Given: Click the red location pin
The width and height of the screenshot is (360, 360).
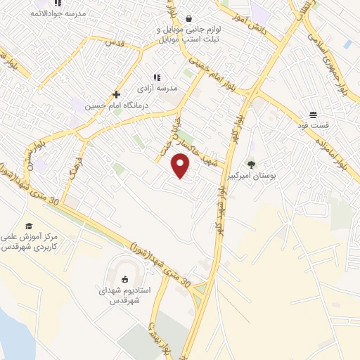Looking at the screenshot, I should tap(181, 165).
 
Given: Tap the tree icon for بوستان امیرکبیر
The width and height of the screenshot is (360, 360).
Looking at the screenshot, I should tap(252, 165).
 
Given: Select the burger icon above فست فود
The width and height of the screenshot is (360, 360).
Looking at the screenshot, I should tap(312, 115).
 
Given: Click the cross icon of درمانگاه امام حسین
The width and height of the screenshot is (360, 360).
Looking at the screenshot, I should tap(117, 94).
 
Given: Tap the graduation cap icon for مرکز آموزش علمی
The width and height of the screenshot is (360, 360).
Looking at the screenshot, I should tap(29, 226).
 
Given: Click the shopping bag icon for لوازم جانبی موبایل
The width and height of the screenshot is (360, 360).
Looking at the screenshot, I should tap(188, 19).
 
